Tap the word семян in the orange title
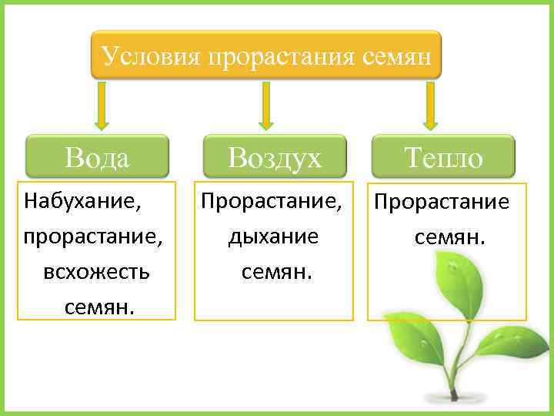click(396, 55)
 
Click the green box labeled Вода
click(98, 158)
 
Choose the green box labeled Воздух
click(275, 158)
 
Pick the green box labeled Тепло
click(443, 158)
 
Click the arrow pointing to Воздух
click(266, 106)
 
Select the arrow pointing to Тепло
click(430, 106)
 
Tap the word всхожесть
click(97, 272)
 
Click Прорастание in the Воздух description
click(271, 202)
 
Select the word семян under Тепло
click(450, 237)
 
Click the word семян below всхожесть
click(99, 307)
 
